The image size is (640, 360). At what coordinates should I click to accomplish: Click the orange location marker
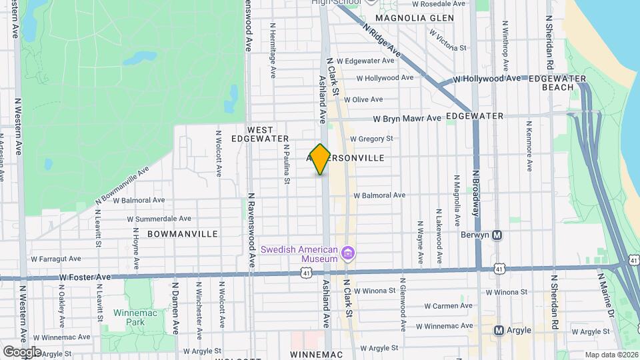321,159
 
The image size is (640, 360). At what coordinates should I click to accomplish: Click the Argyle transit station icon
499,331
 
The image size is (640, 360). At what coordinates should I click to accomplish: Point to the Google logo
21,351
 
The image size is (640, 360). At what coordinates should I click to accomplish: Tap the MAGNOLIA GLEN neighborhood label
414,18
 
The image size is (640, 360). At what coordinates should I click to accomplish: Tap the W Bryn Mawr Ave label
407,119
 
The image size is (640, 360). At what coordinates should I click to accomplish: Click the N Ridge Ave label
383,40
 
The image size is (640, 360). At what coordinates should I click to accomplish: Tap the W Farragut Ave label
56,259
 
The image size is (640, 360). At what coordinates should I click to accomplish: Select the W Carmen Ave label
448,306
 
